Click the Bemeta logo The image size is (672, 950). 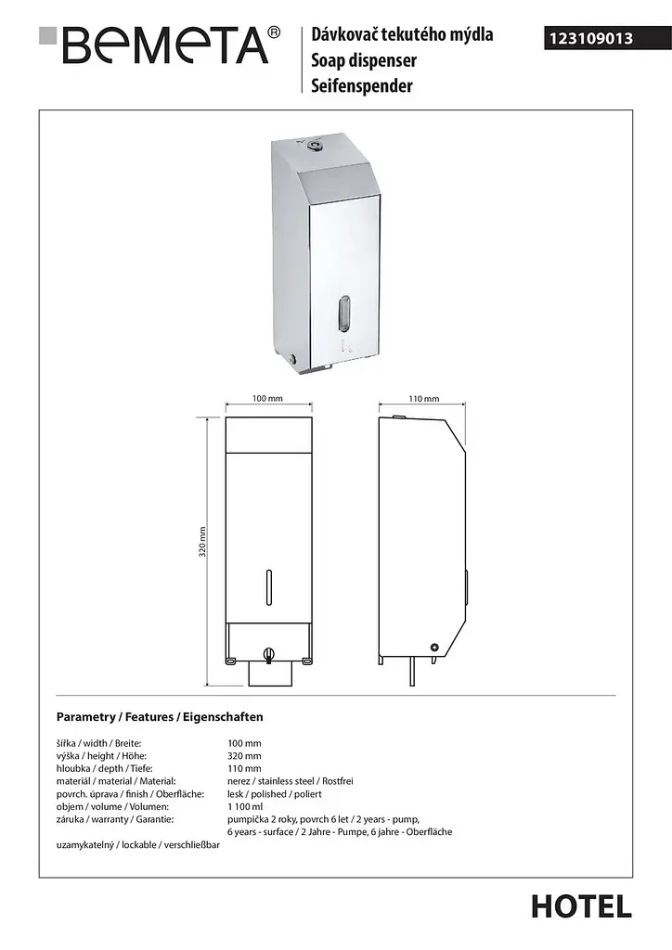[160, 45]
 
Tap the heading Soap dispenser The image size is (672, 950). [364, 60]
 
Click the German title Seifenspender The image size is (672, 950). [362, 85]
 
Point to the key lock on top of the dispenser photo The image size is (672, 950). [314, 145]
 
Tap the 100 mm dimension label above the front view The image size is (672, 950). [267, 398]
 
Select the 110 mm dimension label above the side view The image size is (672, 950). [423, 399]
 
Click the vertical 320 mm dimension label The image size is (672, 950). [202, 541]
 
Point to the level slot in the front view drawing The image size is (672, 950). [269, 587]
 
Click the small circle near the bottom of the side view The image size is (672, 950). [433, 647]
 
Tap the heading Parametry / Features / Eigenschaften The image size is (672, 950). [160, 717]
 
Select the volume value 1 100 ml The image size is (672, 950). [245, 806]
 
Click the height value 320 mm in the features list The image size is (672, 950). [244, 755]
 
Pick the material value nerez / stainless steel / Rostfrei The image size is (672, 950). [291, 781]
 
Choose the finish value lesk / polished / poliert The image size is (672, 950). [275, 794]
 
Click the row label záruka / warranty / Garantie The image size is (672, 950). [115, 819]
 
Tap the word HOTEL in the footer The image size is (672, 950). [582, 907]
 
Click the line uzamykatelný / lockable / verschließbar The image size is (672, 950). [138, 844]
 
